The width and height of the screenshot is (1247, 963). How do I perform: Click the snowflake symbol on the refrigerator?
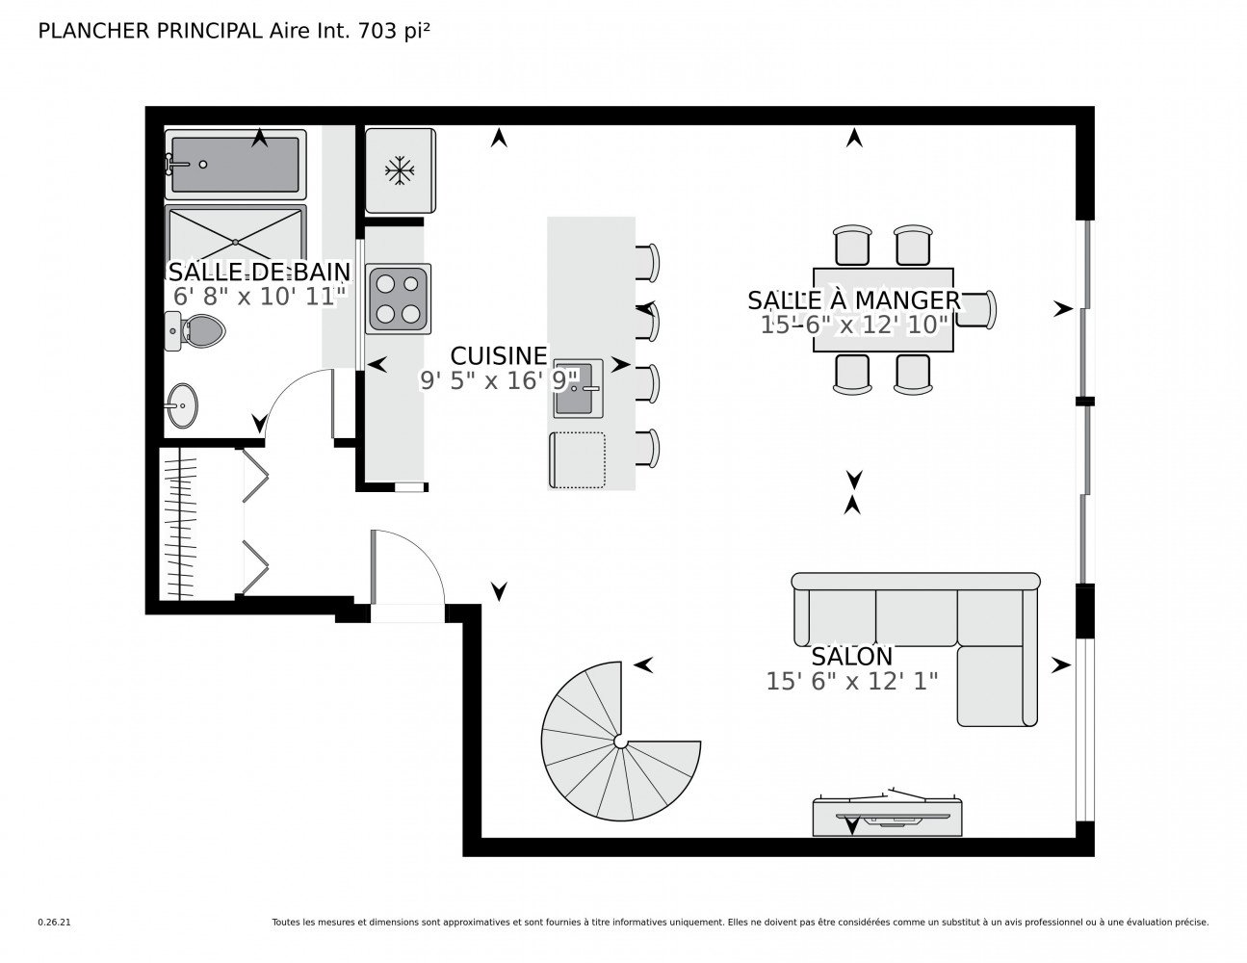tap(400, 170)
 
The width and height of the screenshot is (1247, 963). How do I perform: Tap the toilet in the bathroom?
tap(195, 330)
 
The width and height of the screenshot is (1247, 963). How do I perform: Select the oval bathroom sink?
tap(182, 405)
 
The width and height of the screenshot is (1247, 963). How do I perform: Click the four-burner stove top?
tap(399, 299)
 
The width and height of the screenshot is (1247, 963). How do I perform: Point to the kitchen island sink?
tap(578, 388)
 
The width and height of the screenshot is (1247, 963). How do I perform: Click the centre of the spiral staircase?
tap(620, 741)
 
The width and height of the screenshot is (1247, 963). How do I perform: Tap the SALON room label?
tap(851, 656)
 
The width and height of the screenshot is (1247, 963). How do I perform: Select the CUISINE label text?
tap(499, 355)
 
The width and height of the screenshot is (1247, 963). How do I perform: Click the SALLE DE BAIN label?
tap(259, 272)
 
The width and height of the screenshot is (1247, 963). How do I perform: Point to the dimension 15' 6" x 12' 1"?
tap(851, 682)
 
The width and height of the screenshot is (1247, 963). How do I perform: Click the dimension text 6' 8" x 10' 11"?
tap(260, 297)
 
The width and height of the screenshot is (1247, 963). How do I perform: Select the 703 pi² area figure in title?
tap(394, 31)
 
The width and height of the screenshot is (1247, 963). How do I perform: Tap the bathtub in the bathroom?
tap(235, 164)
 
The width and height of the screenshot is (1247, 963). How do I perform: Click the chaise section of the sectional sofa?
tap(997, 686)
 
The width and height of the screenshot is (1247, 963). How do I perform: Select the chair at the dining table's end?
tap(975, 309)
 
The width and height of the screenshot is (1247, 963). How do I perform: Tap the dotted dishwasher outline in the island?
tap(577, 460)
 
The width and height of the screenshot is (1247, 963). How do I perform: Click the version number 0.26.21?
tap(55, 923)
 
